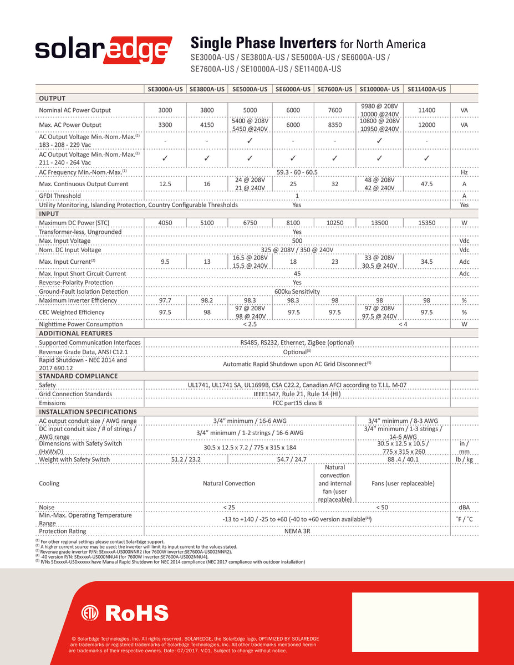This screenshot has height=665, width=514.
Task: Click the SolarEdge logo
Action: pyautogui.click(x=104, y=50)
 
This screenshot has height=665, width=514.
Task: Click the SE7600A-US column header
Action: pyautogui.click(x=334, y=89)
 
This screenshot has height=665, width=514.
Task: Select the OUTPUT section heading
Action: pyautogui.click(x=52, y=98)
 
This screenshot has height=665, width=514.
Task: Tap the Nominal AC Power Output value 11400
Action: pyautogui.click(x=426, y=110)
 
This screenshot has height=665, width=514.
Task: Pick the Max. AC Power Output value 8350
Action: pyautogui.click(x=334, y=125)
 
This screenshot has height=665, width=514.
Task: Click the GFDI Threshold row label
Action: pyautogui.click(x=60, y=196)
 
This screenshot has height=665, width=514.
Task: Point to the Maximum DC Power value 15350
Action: pyautogui.click(x=426, y=223)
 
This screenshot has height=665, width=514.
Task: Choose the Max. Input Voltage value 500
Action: pyautogui.click(x=297, y=241)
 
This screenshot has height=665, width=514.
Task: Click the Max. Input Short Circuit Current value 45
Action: pyautogui.click(x=297, y=274)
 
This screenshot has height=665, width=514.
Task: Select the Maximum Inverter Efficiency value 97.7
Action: pyautogui.click(x=165, y=300)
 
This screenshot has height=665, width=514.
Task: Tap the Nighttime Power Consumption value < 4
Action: pyautogui.click(x=403, y=324)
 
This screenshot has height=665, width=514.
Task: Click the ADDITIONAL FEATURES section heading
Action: pyautogui.click(x=75, y=333)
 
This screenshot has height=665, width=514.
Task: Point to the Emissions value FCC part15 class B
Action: pyautogui.click(x=297, y=403)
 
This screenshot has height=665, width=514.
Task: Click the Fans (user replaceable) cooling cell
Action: pyautogui.click(x=403, y=483)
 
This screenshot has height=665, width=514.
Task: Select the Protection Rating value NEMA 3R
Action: pyautogui.click(x=297, y=531)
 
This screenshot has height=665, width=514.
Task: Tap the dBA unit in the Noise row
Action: pyautogui.click(x=464, y=507)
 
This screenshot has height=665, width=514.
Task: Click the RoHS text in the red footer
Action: pyautogui.click(x=136, y=613)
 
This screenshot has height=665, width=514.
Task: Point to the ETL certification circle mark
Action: pyautogui.click(x=90, y=613)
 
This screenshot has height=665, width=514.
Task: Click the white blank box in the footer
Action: pyautogui.click(x=415, y=622)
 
